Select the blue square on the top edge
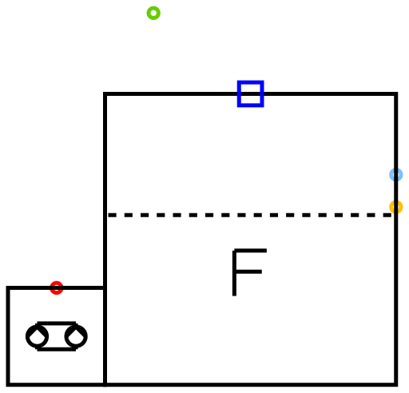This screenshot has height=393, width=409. pyautogui.click(x=250, y=82)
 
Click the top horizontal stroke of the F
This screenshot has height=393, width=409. pyautogui.click(x=249, y=251)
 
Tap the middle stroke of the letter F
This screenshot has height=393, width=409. pyautogui.click(x=248, y=272)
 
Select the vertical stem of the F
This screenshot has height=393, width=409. pyautogui.click(x=234, y=272)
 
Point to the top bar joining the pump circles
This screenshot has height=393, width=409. pyautogui.click(x=57, y=324)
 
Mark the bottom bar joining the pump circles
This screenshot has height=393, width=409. pyautogui.click(x=57, y=349)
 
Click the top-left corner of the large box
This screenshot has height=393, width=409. pyautogui.click(x=105, y=94)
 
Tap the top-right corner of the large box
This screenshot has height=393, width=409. pyautogui.click(x=396, y=94)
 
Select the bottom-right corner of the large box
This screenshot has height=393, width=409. pyautogui.click(x=396, y=385)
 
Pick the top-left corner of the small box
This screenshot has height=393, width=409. pyautogui.click(x=8, y=288)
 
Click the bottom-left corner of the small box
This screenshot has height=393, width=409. pyautogui.click(x=8, y=385)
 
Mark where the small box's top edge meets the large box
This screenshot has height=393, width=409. pyautogui.click(x=105, y=288)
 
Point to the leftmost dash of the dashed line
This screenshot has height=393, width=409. pyautogui.click(x=112, y=215)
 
